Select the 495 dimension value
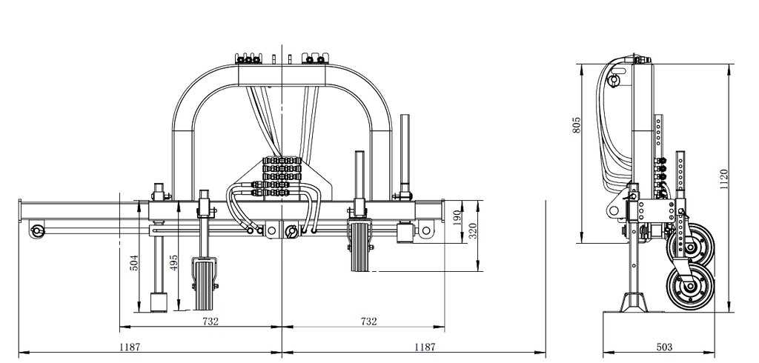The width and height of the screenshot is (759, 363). [x=174, y=262]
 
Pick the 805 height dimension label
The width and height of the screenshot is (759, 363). [x=577, y=125]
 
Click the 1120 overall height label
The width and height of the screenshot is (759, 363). [x=724, y=179]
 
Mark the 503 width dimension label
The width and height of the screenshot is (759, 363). [x=664, y=347]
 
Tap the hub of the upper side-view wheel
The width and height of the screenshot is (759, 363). [x=691, y=248]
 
